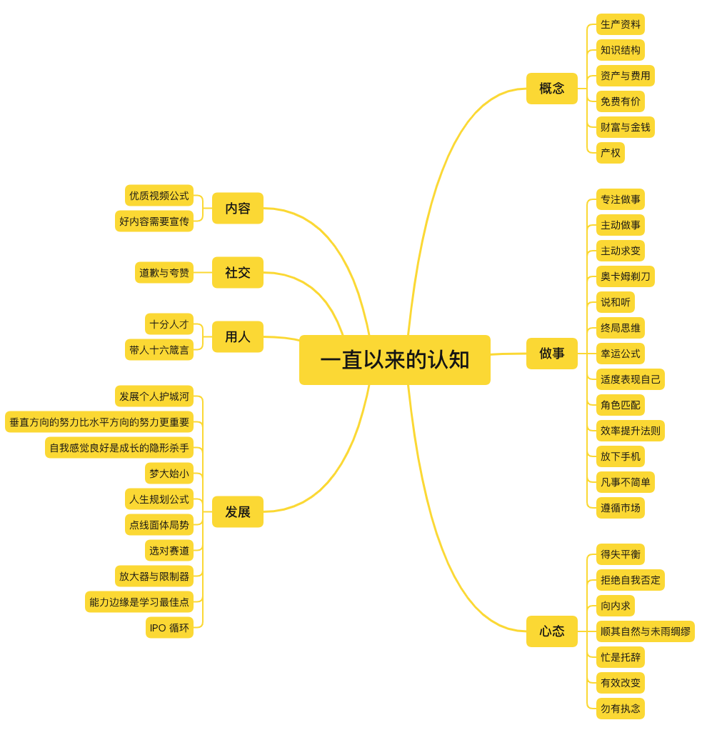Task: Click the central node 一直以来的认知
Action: tap(394, 360)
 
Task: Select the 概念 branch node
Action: tap(551, 89)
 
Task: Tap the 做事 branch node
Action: tap(551, 354)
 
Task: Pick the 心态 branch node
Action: tap(551, 631)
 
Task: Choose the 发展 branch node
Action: tap(237, 512)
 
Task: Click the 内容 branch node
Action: tap(237, 209)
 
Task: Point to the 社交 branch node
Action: tap(237, 273)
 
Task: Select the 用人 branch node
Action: tap(237, 337)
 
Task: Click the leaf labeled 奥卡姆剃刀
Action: tap(625, 276)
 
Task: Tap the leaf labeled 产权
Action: tap(610, 153)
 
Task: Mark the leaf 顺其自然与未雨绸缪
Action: tap(645, 631)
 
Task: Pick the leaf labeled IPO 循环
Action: tap(169, 628)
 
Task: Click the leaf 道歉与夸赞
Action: tap(164, 273)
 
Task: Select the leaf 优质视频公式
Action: tap(159, 196)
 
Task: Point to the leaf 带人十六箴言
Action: tap(159, 350)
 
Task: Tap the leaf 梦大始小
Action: tap(169, 474)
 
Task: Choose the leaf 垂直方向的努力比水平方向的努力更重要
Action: tap(99, 422)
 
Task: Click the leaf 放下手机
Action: tap(620, 456)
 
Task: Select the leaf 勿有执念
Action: tap(620, 709)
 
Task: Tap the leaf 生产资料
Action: tap(620, 24)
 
